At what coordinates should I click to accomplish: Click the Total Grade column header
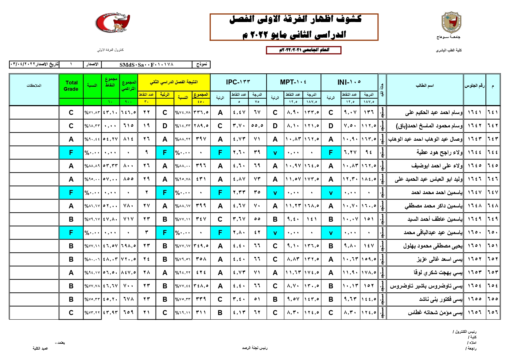71,86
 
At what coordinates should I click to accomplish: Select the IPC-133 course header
238,82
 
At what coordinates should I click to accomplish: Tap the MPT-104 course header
293,82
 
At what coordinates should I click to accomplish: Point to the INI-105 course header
349,82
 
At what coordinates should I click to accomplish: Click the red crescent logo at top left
113,23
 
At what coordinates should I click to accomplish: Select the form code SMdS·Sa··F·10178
146,64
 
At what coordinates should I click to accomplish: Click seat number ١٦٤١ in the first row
474,112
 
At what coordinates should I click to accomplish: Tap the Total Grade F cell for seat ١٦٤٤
71,153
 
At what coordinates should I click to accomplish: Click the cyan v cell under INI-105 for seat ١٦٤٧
331,193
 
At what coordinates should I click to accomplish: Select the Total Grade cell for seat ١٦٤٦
71,179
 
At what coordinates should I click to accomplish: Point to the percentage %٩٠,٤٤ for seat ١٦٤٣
92,139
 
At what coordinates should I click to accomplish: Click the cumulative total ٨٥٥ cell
128,179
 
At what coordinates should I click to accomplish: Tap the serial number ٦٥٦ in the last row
493,313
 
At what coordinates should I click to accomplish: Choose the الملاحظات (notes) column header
34,86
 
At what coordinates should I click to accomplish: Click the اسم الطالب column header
425,86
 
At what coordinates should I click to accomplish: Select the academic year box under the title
304,50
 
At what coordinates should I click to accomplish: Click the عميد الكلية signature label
40,348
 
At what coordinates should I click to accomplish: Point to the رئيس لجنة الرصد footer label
255,348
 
